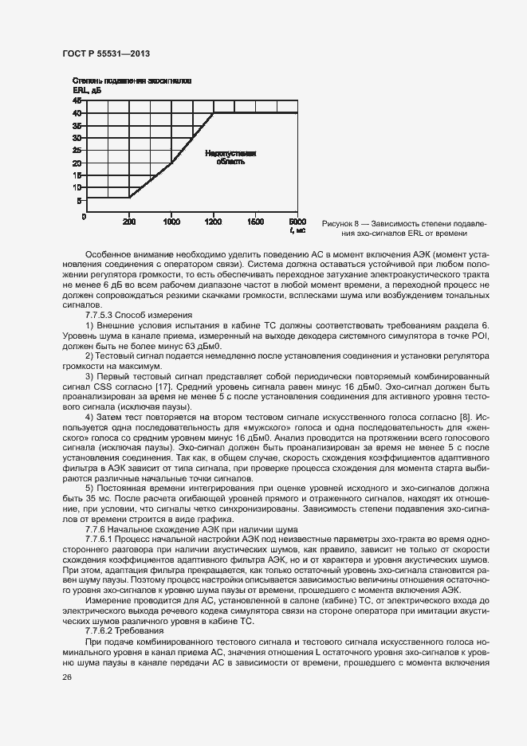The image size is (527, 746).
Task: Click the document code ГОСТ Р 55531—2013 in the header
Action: tap(105, 53)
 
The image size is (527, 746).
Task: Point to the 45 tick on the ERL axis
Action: tap(77, 100)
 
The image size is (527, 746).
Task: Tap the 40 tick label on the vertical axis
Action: tap(77, 113)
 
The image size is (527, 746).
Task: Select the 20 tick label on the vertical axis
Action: tap(77, 163)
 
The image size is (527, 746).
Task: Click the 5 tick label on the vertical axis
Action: tap(80, 201)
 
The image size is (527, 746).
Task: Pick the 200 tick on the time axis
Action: tap(128, 220)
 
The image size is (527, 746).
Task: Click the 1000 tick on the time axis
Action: tap(171, 220)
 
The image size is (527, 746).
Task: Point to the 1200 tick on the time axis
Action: tap(213, 220)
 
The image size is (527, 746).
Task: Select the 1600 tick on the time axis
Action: tap(255, 220)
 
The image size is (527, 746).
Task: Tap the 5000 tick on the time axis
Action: tap(297, 220)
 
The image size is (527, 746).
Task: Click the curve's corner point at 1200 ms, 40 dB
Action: tap(214, 113)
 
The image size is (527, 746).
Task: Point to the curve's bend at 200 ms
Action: tap(129, 198)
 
